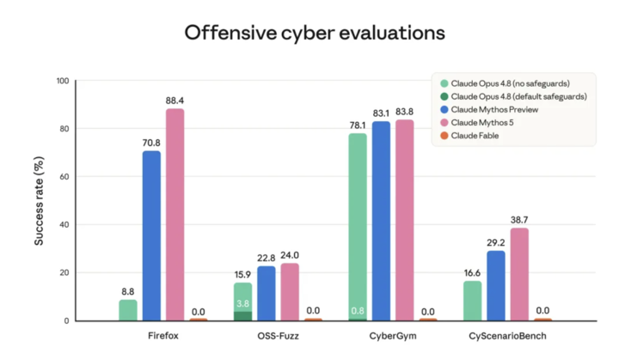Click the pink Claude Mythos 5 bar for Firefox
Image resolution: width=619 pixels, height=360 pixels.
(175, 214)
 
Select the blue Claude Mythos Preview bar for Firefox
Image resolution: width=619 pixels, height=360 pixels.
(151, 235)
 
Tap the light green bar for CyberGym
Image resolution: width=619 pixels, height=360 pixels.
(358, 227)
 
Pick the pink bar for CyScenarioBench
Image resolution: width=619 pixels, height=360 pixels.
(519, 274)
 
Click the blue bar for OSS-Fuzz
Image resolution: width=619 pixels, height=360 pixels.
(267, 293)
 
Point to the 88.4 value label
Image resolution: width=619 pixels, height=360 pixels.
(175, 101)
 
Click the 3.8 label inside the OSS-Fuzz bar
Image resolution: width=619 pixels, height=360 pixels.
(242, 303)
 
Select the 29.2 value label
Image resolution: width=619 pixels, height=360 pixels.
(496, 243)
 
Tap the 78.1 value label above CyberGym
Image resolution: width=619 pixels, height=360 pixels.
(358, 125)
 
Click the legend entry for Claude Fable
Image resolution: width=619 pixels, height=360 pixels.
(469, 136)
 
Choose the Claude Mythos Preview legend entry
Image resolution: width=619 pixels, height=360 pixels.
(489, 110)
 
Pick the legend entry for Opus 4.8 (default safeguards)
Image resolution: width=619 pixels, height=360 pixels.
(513, 97)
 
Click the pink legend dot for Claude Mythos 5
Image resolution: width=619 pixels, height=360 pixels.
(444, 123)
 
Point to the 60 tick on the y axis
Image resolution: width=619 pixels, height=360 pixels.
(64, 177)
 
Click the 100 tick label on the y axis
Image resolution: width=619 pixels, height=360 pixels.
(63, 81)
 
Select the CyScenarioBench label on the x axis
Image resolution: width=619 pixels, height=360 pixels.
(508, 336)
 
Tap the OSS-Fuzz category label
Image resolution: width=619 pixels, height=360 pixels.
(278, 336)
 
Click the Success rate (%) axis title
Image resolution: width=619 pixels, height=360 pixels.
(39, 201)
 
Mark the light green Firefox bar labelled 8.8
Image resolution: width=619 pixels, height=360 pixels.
(128, 310)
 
